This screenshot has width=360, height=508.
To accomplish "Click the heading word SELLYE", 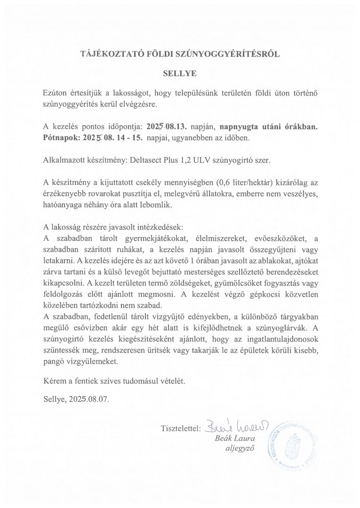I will click(x=179, y=73).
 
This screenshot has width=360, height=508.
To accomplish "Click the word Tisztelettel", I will click(x=181, y=429).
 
